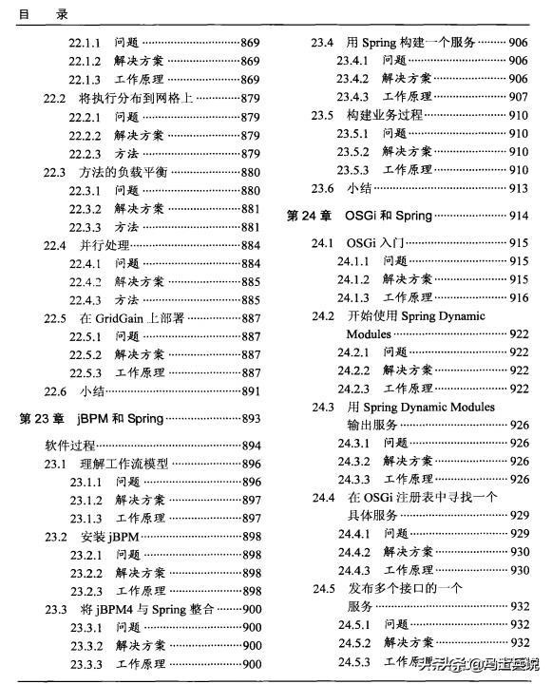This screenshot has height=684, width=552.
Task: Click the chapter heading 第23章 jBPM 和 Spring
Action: click(91, 418)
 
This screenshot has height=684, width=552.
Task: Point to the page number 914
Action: click(519, 216)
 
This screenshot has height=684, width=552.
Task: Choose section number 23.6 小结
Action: click(323, 188)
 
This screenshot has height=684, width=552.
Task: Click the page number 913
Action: click(519, 188)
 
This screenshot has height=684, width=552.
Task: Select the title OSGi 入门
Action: click(374, 243)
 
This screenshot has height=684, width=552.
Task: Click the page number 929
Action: click(519, 515)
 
